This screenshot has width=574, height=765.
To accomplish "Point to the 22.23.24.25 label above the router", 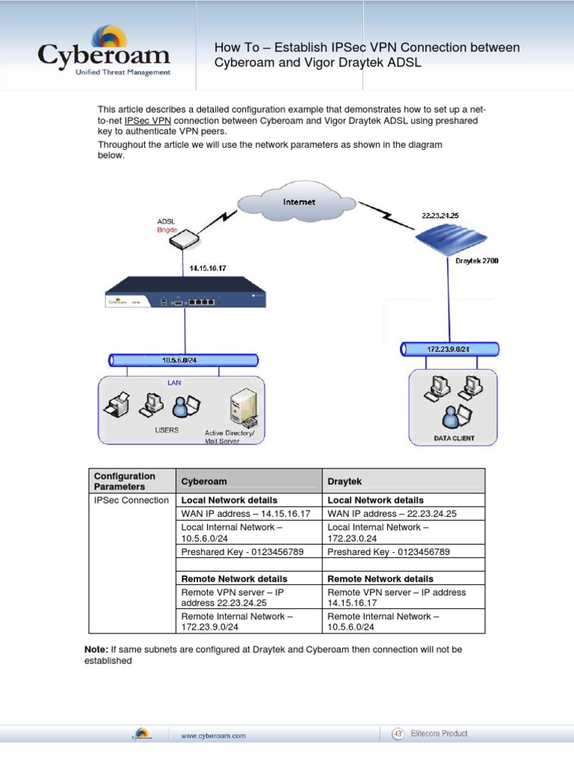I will tap(440, 215).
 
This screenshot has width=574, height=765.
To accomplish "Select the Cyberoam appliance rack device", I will tap(185, 294).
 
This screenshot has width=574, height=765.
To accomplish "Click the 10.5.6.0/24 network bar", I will tap(179, 360).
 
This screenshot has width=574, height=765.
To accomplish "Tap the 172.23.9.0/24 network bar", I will tap(448, 349).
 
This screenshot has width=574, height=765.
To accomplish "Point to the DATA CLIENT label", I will tap(454, 438).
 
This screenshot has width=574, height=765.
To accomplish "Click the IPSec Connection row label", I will tap(132, 501).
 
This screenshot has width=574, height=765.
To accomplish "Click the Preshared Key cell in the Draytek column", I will tap(389, 551).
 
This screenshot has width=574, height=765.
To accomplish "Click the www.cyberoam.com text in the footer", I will tap(213, 736).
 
